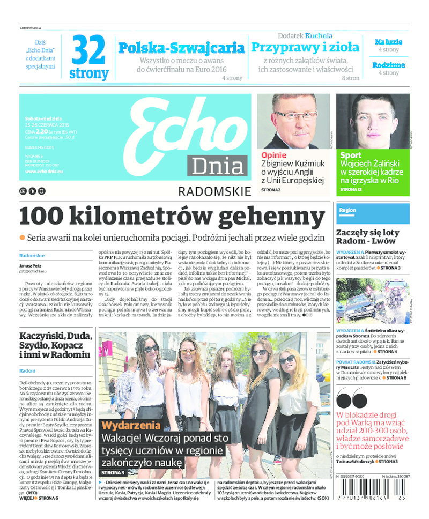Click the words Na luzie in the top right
click(x=388, y=42)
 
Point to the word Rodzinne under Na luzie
click(x=388, y=65)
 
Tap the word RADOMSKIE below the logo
click(x=214, y=191)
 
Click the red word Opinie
click(x=273, y=155)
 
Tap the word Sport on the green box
click(x=351, y=155)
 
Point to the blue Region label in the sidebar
click(x=348, y=210)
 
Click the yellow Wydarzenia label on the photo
click(x=131, y=425)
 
